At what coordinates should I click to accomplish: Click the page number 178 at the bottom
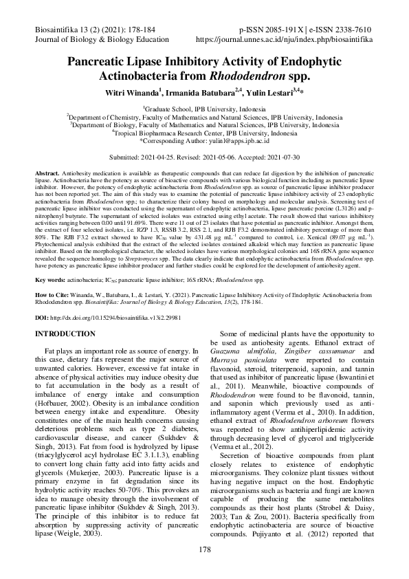click(x=204, y=550)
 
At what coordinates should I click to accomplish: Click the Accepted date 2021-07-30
click(x=283, y=157)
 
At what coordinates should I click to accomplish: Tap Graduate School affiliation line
click(x=205, y=109)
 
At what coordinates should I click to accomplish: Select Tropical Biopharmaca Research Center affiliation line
click(x=205, y=132)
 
